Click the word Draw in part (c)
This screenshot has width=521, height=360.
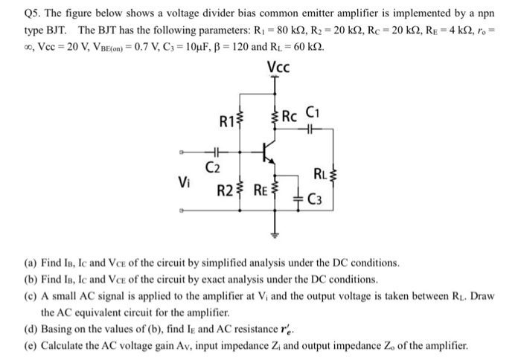coord(482,296)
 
